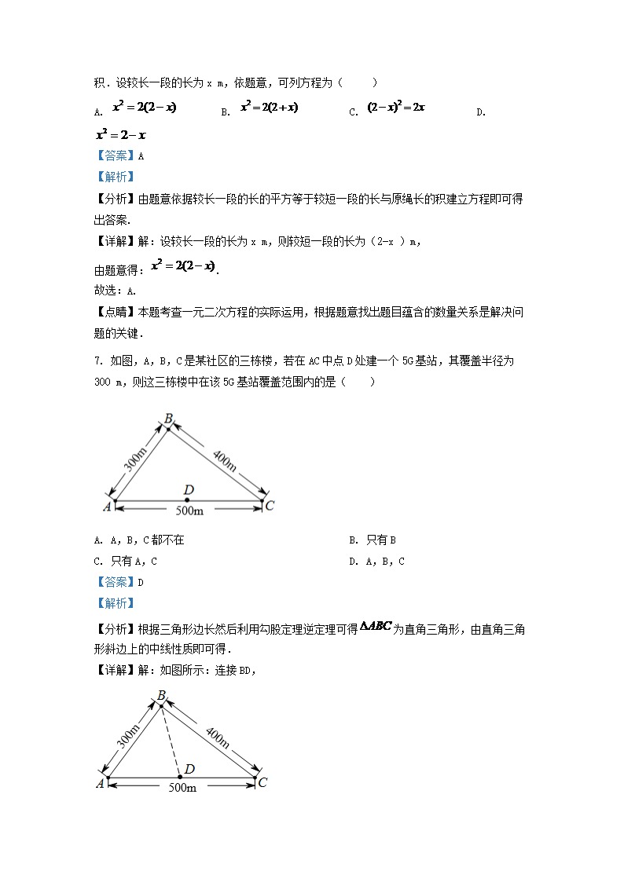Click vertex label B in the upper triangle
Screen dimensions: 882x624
[168, 419]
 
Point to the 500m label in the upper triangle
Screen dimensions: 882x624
[189, 511]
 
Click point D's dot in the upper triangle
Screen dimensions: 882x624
[188, 500]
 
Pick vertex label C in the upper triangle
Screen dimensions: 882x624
[270, 506]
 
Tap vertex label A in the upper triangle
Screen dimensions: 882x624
[107, 507]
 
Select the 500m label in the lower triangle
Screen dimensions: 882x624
[182, 787]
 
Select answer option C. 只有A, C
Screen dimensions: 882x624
[126, 562]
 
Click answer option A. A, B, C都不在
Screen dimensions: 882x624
[138, 540]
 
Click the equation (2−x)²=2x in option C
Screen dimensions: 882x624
[396, 108]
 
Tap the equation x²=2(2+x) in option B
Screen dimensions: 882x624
[270, 108]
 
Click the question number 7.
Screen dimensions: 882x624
[97, 361]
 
